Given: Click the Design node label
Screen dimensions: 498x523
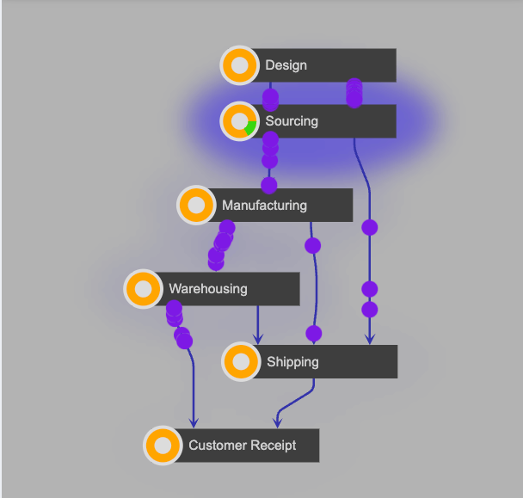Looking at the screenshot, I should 286,65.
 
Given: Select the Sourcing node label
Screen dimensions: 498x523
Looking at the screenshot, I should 291,121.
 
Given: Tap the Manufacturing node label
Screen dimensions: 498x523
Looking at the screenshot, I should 264,206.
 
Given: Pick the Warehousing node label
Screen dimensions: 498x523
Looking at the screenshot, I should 207,289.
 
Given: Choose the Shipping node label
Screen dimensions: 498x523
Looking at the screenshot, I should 292,362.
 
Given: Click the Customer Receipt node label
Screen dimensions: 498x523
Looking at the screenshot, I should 242,446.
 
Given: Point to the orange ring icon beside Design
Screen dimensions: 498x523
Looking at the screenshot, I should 240,65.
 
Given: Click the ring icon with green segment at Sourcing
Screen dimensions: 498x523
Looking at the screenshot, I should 240,121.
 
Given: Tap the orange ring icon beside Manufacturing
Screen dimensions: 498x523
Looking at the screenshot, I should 197,206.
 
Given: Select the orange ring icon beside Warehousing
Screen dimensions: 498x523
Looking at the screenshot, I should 144,289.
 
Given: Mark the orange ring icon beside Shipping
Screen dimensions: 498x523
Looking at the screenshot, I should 242,362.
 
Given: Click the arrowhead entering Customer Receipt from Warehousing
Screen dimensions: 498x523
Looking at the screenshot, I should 194,421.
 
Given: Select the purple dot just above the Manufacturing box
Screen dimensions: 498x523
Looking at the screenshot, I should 269,185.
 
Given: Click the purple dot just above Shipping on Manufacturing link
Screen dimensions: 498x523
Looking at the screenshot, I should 313,333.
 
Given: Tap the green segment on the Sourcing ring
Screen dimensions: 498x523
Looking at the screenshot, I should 249,127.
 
